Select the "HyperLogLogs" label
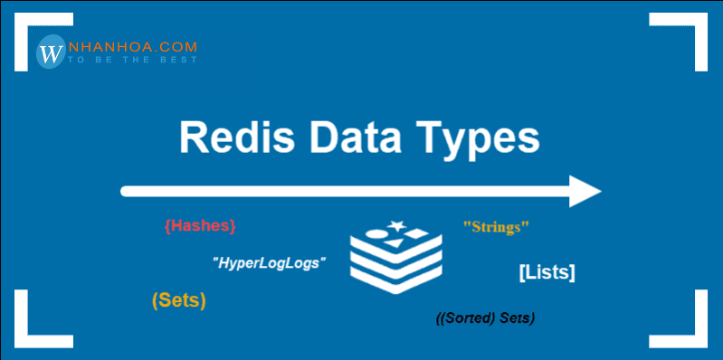[269, 262]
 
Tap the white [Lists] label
[547, 270]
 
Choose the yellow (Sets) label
[179, 299]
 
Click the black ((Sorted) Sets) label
[486, 318]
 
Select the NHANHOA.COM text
[130, 46]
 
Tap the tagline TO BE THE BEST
[129, 61]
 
